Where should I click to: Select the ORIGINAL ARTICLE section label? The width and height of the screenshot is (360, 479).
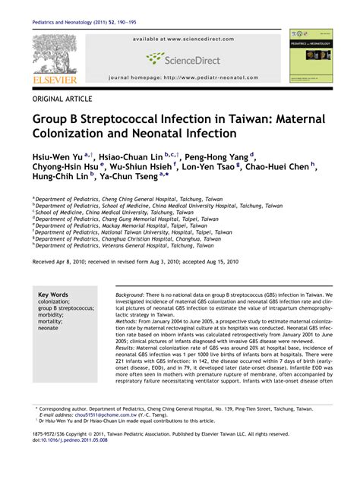point(62,99)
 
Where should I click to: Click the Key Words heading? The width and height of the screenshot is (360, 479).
point(53,295)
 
